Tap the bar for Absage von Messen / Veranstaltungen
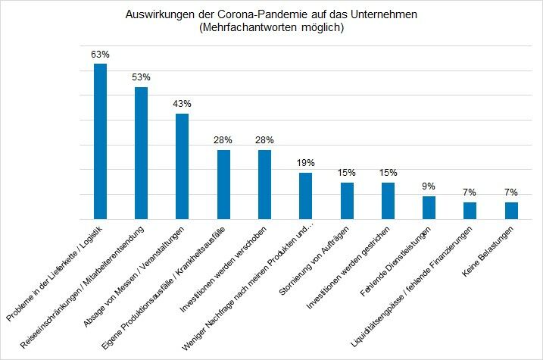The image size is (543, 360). pos(182,166)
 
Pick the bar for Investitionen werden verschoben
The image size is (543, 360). pos(264,184)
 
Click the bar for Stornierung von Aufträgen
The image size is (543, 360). pos(347,200)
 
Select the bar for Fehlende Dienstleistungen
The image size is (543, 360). pos(429,207)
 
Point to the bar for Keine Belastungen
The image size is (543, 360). pos(511,210)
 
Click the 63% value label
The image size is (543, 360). pos(100,55)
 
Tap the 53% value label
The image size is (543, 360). pos(141,77)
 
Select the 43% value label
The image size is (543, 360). pos(182,104)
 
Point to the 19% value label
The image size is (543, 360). pos(305,163)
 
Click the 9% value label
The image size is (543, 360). pos(429,186)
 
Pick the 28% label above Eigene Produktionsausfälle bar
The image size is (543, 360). pos(223,140)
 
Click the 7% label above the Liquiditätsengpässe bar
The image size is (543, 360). pos(470,193)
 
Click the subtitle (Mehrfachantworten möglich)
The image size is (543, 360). pos(271,28)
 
